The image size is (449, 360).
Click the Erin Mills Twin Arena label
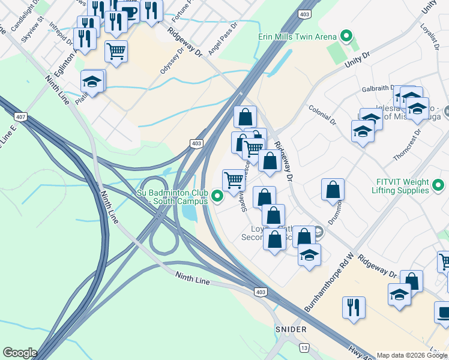click(x=296, y=37)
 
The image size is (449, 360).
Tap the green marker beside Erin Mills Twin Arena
click(x=346, y=37)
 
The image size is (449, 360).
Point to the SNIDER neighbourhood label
click(x=291, y=329)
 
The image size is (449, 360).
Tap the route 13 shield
click(x=304, y=348)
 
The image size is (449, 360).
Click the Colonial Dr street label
click(x=322, y=114)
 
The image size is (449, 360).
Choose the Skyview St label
click(x=32, y=29)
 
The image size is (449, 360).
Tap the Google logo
click(x=20, y=353)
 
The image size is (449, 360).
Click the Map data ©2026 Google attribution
click(x=412, y=355)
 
